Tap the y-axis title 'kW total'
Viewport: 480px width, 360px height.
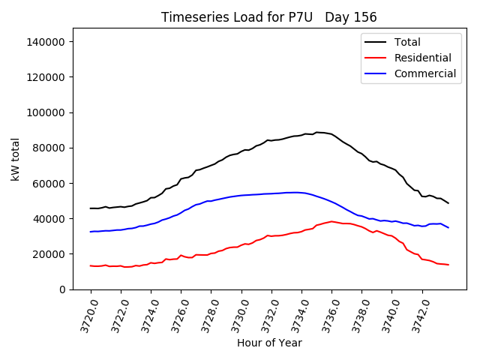[x=16, y=158]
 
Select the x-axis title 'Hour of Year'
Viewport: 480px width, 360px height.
[x=269, y=343]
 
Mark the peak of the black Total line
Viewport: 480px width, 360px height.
[x=316, y=132]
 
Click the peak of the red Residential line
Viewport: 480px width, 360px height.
[x=331, y=221]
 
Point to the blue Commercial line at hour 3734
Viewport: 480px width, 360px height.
[x=301, y=193]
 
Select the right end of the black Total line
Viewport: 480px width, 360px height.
[x=448, y=203]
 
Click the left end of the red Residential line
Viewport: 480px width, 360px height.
[x=91, y=265]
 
